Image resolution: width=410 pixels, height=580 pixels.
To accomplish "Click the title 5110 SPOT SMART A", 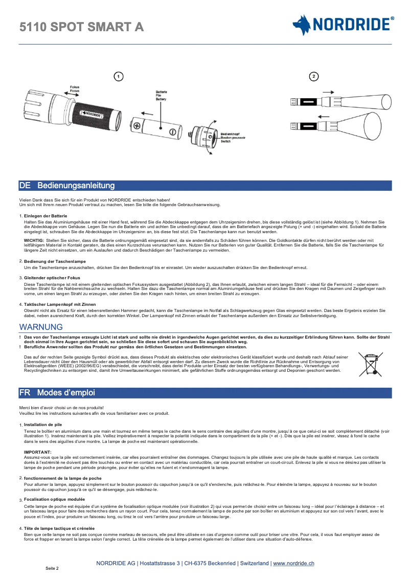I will (x=81, y=27).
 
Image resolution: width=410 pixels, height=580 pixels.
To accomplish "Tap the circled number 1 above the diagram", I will (x=118, y=77).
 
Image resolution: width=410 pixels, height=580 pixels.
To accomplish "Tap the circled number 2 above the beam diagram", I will (x=314, y=77).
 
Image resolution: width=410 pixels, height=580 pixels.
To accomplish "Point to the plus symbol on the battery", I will (x=137, y=125).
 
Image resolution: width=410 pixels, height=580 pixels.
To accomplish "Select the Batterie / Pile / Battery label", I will (x=161, y=95).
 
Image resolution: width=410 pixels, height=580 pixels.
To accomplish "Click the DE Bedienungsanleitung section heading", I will (x=67, y=185).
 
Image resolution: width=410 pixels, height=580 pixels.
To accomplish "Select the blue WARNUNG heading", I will (x=37, y=327).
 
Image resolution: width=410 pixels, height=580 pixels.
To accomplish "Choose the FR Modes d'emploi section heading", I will (x=57, y=393).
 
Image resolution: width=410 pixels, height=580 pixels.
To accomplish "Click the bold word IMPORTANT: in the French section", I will (x=38, y=452).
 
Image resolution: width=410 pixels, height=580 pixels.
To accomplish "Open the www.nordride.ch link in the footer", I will (x=293, y=563).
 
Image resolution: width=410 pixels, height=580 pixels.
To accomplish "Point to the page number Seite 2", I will (x=52, y=568).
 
